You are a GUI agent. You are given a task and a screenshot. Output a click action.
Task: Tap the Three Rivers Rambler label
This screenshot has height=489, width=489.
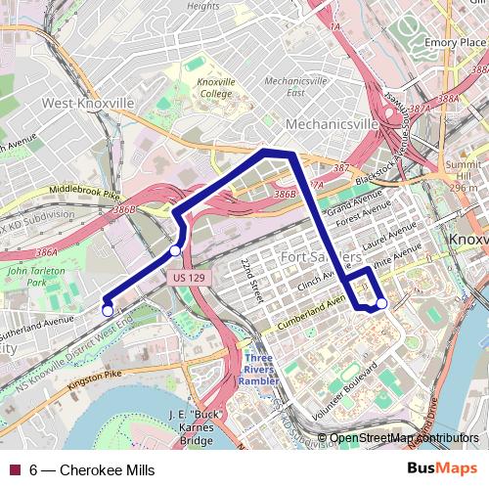(x=264, y=363)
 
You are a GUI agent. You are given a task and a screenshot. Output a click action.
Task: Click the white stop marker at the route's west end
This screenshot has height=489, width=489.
(x=107, y=311)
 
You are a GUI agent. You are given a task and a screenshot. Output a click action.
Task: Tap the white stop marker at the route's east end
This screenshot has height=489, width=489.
(x=381, y=304)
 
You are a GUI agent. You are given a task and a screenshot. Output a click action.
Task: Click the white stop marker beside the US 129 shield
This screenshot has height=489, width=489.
(x=175, y=251)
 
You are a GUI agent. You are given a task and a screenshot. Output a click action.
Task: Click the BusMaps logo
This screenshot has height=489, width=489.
(x=441, y=469)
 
